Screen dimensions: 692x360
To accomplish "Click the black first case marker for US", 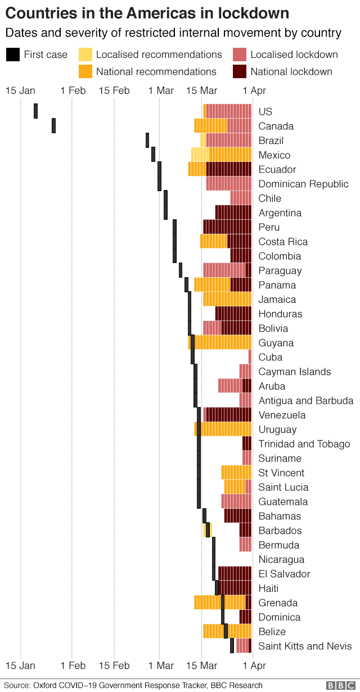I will [x=36, y=111].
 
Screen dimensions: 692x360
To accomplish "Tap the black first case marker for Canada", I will [x=54, y=125].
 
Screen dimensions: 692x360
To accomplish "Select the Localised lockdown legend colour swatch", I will [x=239, y=55].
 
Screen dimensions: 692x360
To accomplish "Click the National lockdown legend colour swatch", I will [x=239, y=71].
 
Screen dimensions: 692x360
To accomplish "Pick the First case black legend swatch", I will [x=12, y=55].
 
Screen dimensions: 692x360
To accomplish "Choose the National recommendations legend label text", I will [x=156, y=71].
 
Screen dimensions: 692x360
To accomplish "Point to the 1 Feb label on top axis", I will [x=73, y=91].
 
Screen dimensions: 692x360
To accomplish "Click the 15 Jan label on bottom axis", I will [x=20, y=666].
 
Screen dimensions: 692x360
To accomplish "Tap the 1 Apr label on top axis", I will [x=254, y=91].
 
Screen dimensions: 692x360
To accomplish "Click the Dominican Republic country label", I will [x=303, y=184].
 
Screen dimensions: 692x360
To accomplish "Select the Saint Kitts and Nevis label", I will [x=305, y=646].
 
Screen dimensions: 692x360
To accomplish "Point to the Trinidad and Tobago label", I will [x=304, y=444].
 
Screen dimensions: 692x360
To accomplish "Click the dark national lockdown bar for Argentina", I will [x=233, y=212].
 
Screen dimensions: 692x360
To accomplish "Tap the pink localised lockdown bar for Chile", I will [x=241, y=198].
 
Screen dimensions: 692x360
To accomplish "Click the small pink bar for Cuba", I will [x=250, y=357].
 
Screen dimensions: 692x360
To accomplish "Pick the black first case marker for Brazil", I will [x=147, y=140].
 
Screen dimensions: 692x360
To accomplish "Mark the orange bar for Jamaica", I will [x=227, y=299].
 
